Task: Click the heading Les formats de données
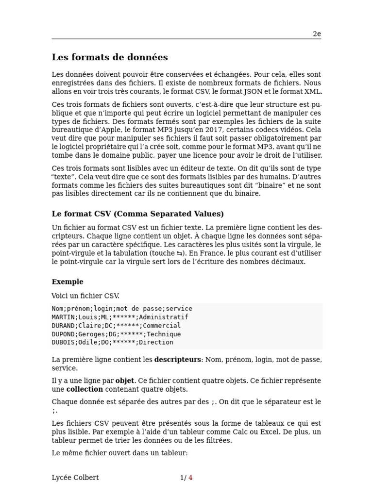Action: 110,57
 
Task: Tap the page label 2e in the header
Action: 317,34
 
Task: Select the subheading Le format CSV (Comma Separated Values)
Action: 138,214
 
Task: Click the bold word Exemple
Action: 68,282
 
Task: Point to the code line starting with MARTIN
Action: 120,317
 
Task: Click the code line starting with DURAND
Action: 116,326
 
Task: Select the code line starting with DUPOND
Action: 116,334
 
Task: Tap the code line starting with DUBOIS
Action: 112,342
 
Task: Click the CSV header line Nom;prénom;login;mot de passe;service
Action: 122,309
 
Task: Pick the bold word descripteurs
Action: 177,360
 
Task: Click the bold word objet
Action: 125,381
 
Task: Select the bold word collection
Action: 85,389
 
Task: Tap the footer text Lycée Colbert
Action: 75,478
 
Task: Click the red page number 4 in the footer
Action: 190,478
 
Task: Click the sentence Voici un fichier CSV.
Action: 85,296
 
